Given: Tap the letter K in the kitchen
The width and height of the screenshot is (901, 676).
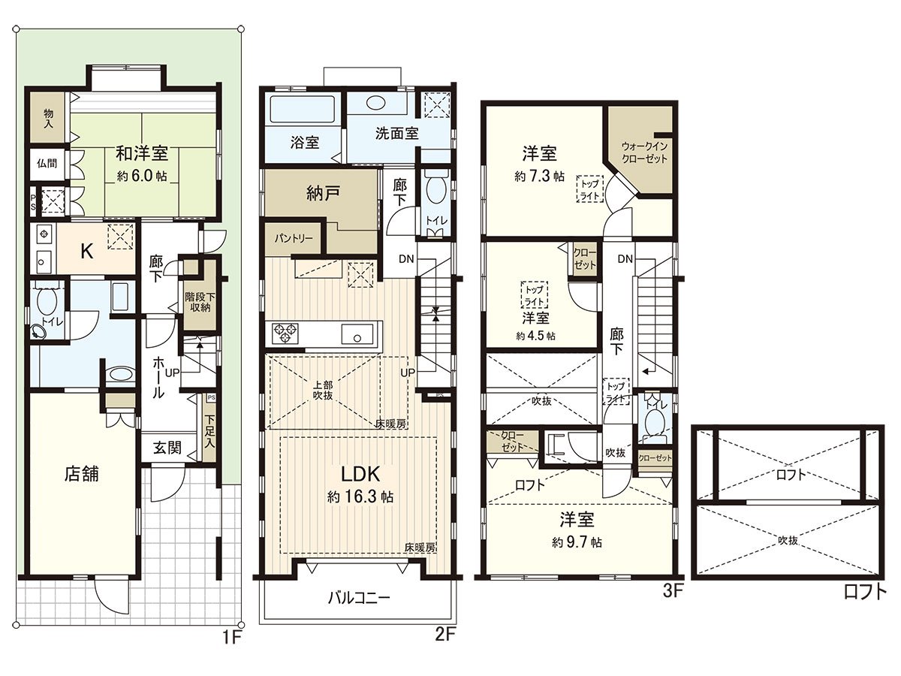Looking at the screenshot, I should click(87, 252).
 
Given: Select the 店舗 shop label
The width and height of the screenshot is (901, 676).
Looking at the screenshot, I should click(82, 474).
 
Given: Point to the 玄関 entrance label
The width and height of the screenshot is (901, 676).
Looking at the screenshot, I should click(168, 448).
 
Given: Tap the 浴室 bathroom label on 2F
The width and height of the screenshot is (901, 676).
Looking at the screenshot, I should click(305, 141).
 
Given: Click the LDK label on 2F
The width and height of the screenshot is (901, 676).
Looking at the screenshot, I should click(363, 474).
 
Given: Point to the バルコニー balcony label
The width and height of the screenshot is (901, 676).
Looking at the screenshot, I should click(358, 599).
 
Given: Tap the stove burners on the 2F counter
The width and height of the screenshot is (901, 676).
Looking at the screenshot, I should click(284, 331).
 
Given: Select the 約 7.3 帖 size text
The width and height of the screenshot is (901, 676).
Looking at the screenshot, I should click(539, 177).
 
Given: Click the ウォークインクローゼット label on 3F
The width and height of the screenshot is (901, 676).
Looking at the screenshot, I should click(644, 152).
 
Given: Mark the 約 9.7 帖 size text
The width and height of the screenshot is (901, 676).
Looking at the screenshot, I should click(576, 542).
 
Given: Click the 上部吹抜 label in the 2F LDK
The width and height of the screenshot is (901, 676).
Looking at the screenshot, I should click(324, 391).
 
